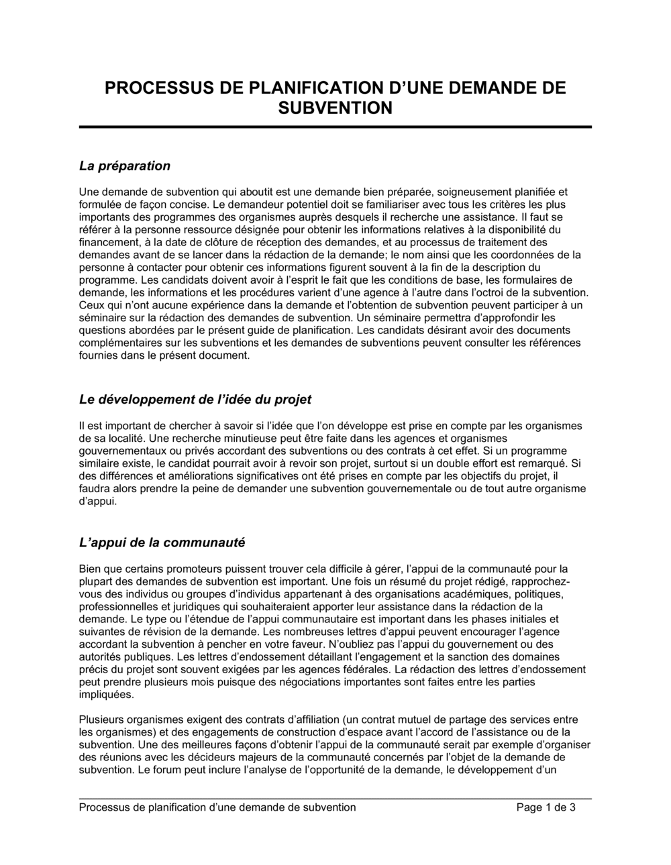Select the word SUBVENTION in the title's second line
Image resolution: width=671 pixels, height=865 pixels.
coord(335,108)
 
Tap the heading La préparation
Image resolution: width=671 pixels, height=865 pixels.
coord(125,166)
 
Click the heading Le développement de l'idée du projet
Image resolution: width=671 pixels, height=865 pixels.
coord(195,400)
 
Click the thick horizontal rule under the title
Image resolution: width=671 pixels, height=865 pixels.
coord(335,127)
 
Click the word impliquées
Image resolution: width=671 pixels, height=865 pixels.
coord(106,695)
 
